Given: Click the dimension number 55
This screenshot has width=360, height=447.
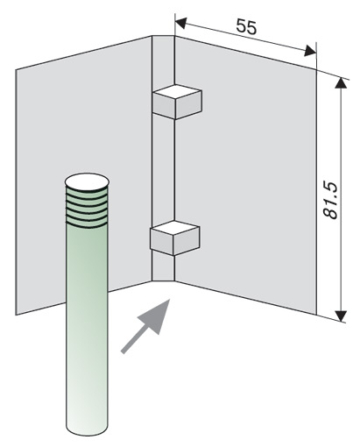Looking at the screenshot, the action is point(246,26).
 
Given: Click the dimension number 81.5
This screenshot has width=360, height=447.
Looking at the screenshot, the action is point(331,201).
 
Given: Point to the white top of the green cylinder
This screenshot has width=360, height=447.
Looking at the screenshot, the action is point(87,181).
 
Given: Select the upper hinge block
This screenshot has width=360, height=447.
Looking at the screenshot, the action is point(177,102).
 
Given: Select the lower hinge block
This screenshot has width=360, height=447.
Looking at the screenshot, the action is point(174,238).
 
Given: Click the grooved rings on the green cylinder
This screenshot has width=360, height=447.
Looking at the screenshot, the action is point(87,208).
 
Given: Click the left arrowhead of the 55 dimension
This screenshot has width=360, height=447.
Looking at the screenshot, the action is point(181,24).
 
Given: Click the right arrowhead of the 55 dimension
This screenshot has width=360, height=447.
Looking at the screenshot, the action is point(310,51).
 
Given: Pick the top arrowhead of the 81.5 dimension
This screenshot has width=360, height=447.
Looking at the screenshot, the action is point(341,82).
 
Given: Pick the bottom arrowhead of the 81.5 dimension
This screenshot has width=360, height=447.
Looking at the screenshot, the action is point(341,316).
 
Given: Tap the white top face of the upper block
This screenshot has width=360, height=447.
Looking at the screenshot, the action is point(177,92).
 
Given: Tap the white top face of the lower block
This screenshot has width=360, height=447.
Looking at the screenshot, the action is point(175,228).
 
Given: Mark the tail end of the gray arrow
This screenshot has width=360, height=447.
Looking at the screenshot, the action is point(124,352).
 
